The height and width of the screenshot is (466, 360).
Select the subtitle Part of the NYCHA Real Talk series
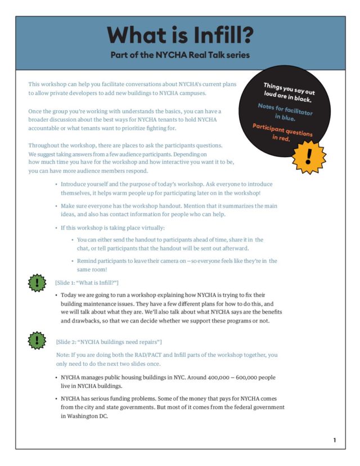tap(181, 55)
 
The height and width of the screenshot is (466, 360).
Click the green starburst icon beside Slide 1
tap(37, 283)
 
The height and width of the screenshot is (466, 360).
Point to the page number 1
tap(335, 440)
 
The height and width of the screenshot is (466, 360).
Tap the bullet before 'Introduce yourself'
tap(56, 185)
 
